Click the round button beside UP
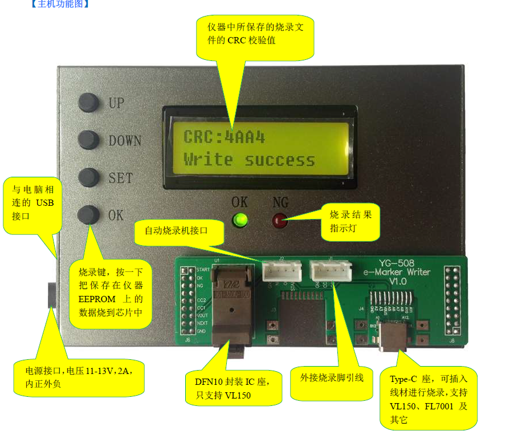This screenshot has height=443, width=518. point(88,103)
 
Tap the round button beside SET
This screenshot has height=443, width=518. point(88,177)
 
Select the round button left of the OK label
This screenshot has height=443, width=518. point(88,215)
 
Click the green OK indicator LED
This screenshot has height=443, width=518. point(240,220)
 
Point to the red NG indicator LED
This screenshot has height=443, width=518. point(280,221)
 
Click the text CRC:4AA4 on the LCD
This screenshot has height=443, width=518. point(224,137)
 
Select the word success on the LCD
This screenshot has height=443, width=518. point(280,160)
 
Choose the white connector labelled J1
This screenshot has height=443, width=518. point(330,271)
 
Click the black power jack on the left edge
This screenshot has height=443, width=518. point(52,295)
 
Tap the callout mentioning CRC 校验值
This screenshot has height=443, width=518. point(255,34)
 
